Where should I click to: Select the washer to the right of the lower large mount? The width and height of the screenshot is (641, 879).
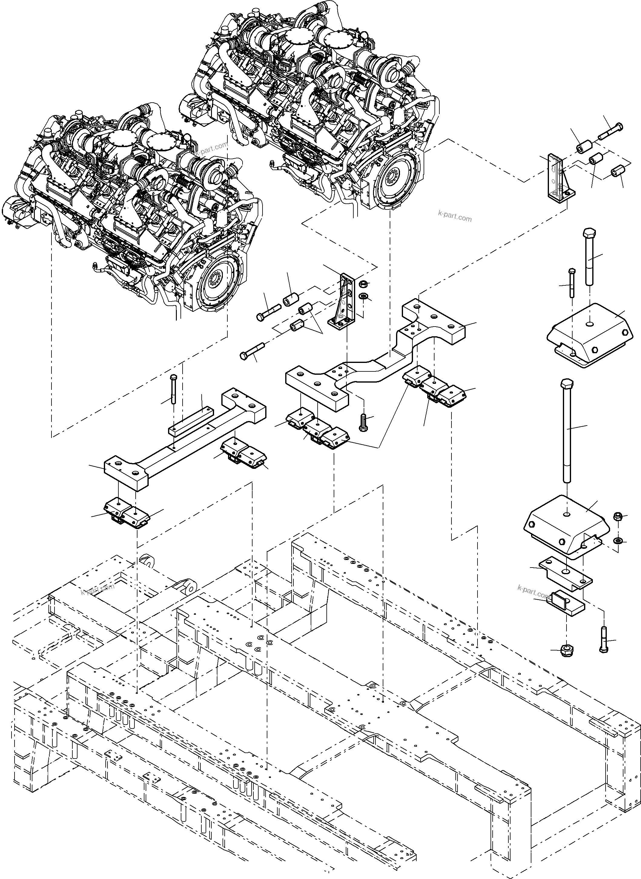coord(618,540)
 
